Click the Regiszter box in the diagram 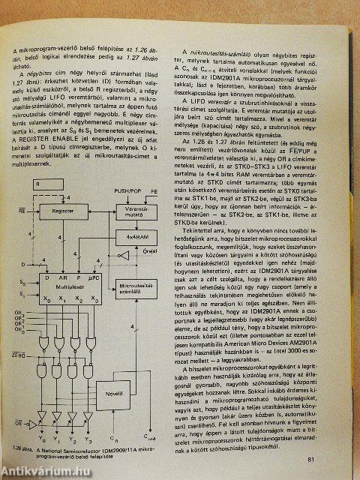click(x=67, y=211)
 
